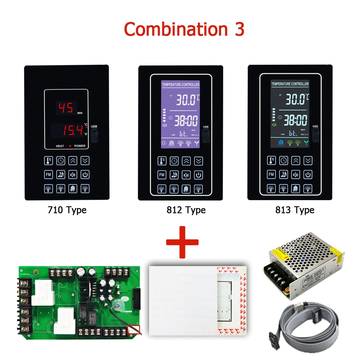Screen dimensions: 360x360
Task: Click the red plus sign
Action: (182, 242)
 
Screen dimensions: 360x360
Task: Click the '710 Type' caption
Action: (67, 210)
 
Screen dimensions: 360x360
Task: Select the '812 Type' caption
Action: (186, 210)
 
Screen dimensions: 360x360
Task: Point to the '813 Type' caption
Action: (294, 210)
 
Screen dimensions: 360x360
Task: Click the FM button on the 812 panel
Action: (162, 175)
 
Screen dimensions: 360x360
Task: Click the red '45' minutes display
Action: (66, 108)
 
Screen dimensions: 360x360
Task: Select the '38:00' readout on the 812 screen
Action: (186, 121)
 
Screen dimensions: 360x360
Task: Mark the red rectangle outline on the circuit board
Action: (134, 329)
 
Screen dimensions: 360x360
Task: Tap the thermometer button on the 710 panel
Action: (49, 161)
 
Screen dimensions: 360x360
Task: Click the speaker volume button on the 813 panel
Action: (296, 175)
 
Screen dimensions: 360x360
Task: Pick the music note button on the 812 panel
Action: (174, 175)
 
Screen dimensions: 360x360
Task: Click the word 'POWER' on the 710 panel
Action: (80, 146)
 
